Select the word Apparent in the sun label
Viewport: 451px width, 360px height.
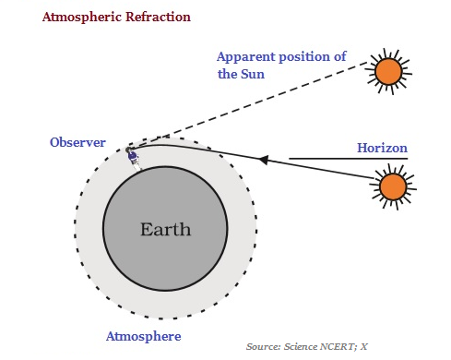point(248,56)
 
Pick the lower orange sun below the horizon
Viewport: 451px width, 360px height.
point(393,187)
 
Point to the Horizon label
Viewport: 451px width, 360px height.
point(382,148)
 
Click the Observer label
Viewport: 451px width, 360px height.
point(78,143)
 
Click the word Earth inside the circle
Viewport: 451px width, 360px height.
point(165,229)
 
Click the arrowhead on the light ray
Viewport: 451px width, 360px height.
point(264,160)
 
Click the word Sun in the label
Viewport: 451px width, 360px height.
point(253,74)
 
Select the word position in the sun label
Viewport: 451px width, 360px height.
point(305,56)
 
